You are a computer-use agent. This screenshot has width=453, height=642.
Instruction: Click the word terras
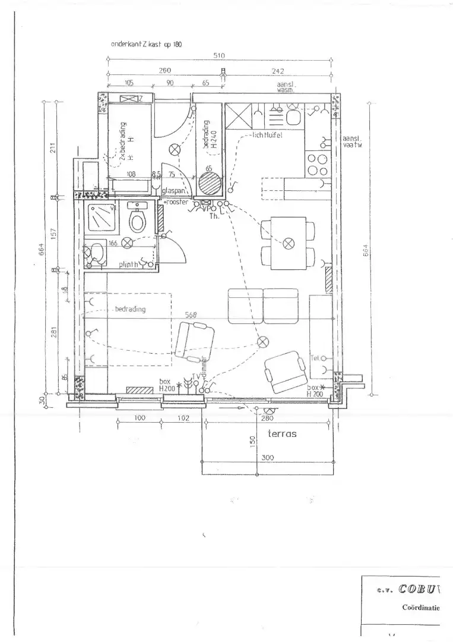(x=282, y=434)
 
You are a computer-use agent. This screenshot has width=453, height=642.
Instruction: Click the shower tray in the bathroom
(x=100, y=218)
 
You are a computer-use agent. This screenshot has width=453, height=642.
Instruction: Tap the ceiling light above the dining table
(x=289, y=243)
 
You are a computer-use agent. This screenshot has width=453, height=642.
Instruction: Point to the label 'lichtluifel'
(x=266, y=136)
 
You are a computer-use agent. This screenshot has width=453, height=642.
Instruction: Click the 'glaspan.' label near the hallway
(x=173, y=191)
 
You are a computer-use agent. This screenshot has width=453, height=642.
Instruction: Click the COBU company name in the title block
(x=419, y=589)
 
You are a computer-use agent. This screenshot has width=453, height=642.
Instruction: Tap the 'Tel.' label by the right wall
(x=315, y=357)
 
